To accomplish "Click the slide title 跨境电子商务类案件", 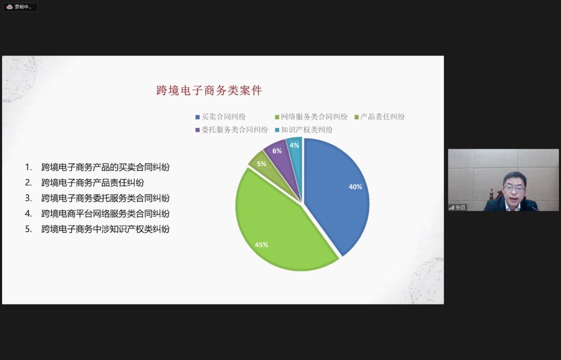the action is pos(209,90).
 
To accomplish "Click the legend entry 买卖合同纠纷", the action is pos(220,117).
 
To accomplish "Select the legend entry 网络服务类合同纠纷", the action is pos(311,117).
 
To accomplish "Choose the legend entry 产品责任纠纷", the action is pos(380,117).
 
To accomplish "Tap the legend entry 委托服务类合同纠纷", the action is pos(232,129).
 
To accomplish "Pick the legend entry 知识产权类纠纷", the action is pos(304,129).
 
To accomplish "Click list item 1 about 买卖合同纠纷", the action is pos(97,167).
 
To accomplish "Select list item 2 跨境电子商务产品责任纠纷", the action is pos(85,182).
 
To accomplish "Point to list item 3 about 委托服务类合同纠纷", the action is pos(97,198).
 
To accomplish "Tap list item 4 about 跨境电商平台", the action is pos(97,214).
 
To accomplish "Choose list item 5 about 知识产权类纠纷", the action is pos(97,229).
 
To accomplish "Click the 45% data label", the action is pos(261,245).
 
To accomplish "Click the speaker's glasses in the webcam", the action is pos(514,189).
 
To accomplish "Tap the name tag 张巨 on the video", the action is pos(458,208).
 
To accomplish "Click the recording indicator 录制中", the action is pos(20,7).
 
